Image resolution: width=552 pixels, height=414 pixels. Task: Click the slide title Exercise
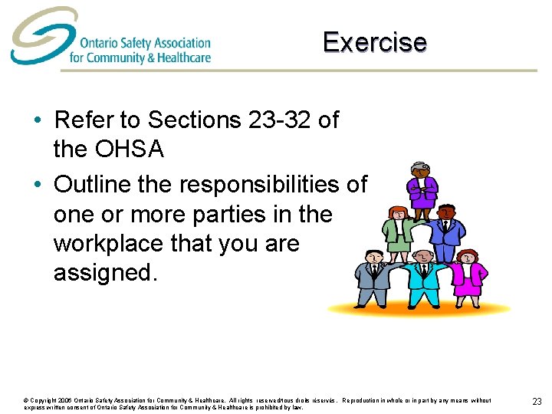click(374, 41)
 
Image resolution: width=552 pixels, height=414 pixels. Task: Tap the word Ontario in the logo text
click(97, 43)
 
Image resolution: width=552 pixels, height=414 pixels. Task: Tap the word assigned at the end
click(105, 273)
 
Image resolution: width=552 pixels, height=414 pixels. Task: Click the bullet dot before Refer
click(37, 120)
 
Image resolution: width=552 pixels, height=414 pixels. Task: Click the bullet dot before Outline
click(37, 185)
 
